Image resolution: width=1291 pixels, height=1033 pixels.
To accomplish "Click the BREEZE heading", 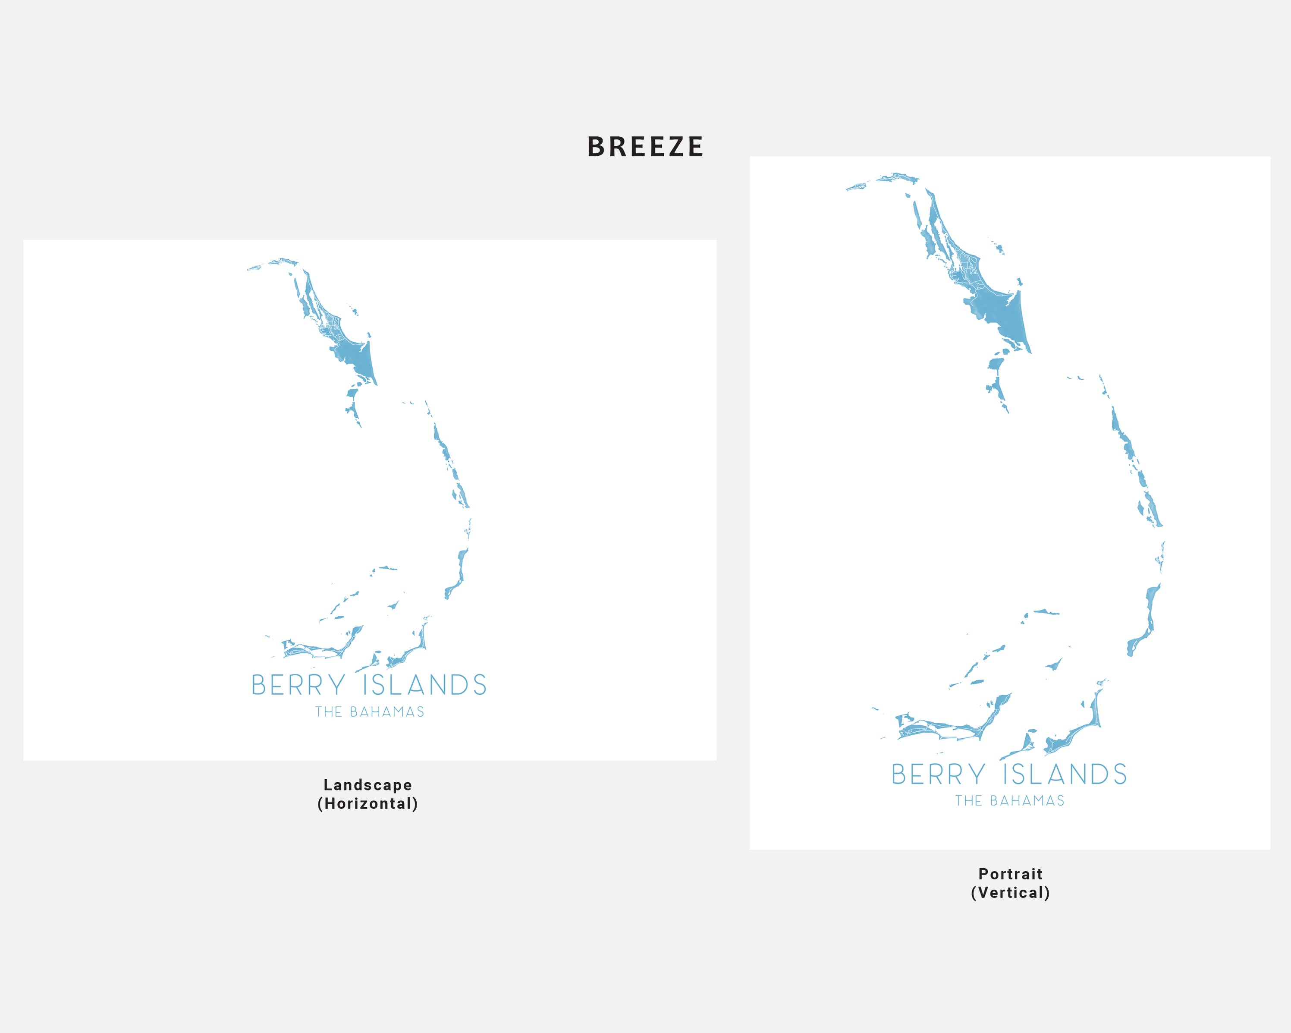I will pos(645,147).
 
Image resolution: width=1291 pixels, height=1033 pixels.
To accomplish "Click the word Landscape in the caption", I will pos(368,784).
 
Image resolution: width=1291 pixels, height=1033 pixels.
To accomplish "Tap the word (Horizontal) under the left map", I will pos(368,803).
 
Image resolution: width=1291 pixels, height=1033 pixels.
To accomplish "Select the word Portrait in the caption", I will pos(1010,874).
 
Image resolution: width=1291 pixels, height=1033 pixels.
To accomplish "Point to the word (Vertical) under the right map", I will pos(1010,893).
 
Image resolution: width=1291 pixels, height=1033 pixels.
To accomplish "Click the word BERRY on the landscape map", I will pos(298,685).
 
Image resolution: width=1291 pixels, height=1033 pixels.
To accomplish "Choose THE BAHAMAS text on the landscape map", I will pos(370,712).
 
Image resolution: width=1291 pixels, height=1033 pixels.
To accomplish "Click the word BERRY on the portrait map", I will pos(938,774).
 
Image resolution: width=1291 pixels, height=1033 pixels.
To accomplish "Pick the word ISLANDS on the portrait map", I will pos(1065,774).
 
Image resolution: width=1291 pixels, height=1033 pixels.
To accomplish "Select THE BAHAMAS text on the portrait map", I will pos(1010,801).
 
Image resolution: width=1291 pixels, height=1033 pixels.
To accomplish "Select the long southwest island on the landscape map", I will pos(314,650).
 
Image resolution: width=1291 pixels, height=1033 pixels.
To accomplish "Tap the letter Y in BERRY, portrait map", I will pos(977,774).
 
